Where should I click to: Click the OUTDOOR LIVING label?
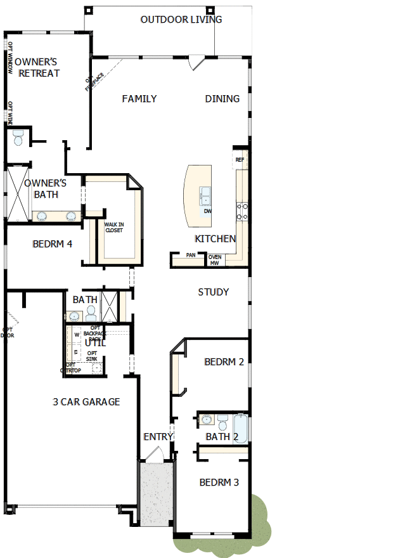pyautogui.click(x=181, y=20)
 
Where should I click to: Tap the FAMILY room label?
pyautogui.click(x=139, y=99)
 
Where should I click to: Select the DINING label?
pyautogui.click(x=222, y=99)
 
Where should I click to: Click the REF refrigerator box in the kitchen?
pyautogui.click(x=240, y=160)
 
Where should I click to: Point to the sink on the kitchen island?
pyautogui.click(x=205, y=195)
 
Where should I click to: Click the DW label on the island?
pyautogui.click(x=207, y=211)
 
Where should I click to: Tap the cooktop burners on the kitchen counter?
pyautogui.click(x=242, y=211)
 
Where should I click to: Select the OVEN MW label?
pyautogui.click(x=214, y=259)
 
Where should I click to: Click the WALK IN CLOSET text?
pyautogui.click(x=114, y=228)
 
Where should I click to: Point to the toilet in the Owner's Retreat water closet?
pyautogui.click(x=18, y=136)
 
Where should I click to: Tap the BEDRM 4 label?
pyautogui.click(x=52, y=243)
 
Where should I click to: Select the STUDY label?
pyautogui.click(x=213, y=292)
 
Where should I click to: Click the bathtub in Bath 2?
pyautogui.click(x=241, y=428)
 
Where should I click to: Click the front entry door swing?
pyautogui.click(x=154, y=453)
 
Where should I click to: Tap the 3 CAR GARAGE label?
pyautogui.click(x=86, y=402)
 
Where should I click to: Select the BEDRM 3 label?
pyautogui.click(x=219, y=483)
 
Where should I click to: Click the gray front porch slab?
pyautogui.click(x=156, y=494)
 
